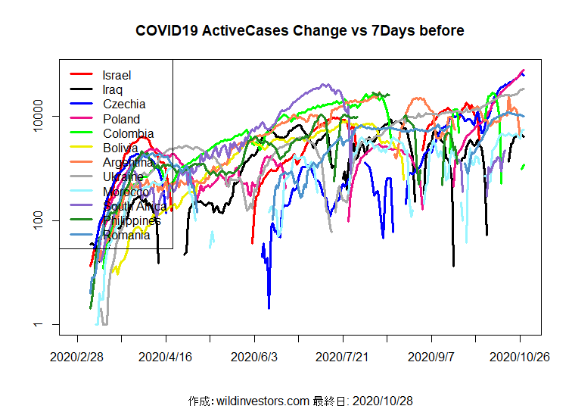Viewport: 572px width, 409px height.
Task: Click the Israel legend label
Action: coord(117,75)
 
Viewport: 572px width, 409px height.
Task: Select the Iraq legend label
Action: coord(112,89)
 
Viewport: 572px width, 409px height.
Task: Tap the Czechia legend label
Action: coord(123,104)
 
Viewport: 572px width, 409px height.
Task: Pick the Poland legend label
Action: coord(121,119)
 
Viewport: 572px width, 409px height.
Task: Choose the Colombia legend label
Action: coord(128,133)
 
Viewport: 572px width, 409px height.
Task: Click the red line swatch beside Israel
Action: coord(81,75)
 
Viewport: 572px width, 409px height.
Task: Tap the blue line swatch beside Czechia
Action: coord(81,104)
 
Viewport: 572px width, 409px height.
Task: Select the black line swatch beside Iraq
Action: coord(81,89)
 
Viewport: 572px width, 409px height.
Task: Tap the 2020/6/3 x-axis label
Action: coord(255,355)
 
